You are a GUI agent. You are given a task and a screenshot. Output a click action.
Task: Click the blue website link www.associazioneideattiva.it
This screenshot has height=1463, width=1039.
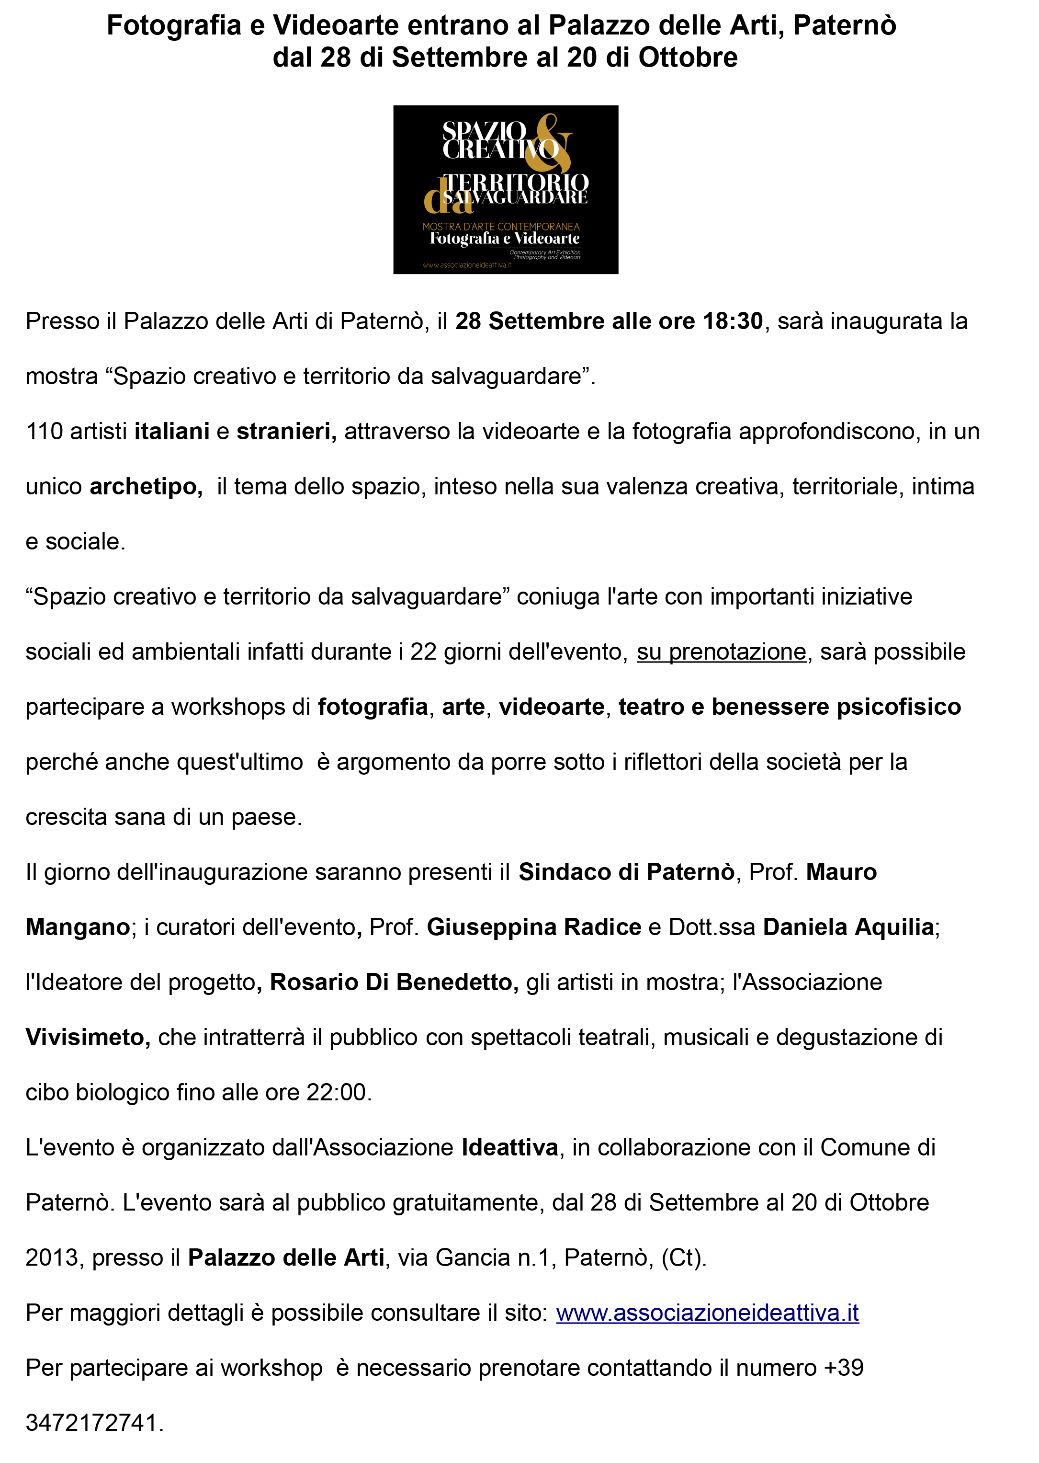(x=707, y=1313)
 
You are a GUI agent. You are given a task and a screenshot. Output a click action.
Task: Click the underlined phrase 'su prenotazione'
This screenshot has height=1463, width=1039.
(x=721, y=651)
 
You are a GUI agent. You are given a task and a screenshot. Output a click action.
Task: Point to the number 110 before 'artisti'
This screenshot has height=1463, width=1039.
(x=44, y=431)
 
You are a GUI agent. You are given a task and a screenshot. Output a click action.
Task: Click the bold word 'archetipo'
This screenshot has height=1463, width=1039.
(x=145, y=486)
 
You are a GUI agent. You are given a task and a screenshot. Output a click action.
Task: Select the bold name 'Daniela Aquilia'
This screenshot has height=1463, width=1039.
(x=848, y=926)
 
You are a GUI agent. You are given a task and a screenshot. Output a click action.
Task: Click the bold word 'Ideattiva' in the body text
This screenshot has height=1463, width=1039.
(x=510, y=1147)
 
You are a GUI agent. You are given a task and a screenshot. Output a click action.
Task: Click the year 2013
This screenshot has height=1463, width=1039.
(x=51, y=1257)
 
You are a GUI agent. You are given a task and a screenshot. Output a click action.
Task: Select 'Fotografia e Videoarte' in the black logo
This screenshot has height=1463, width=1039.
(x=505, y=239)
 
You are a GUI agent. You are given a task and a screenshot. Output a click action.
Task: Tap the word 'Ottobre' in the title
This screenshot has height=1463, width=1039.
(x=688, y=57)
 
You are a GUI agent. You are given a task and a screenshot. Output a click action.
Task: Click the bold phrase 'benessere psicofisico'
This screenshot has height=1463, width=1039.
(x=836, y=707)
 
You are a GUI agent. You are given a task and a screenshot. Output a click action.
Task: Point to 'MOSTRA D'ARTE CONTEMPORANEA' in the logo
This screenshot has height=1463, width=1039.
(x=501, y=227)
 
